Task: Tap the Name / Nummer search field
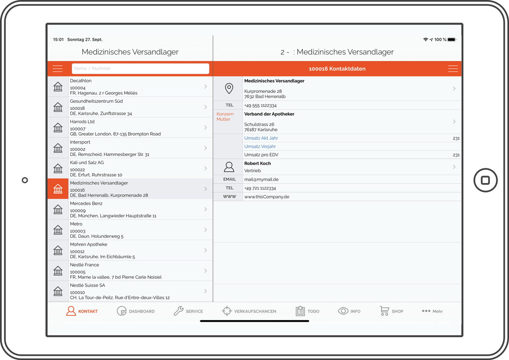140,69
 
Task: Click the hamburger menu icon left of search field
58,69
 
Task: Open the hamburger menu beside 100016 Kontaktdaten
453,69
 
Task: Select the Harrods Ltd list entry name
82,122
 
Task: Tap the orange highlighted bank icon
58,189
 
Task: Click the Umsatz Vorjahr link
260,147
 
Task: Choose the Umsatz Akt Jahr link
261,138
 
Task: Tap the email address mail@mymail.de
261,179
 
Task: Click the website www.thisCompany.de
267,197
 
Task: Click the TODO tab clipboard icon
300,311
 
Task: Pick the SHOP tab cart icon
384,311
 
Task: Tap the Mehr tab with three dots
432,311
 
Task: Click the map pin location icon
229,88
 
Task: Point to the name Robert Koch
257,163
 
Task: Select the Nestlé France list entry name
84,265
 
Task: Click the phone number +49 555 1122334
260,106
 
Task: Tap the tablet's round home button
485,180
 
